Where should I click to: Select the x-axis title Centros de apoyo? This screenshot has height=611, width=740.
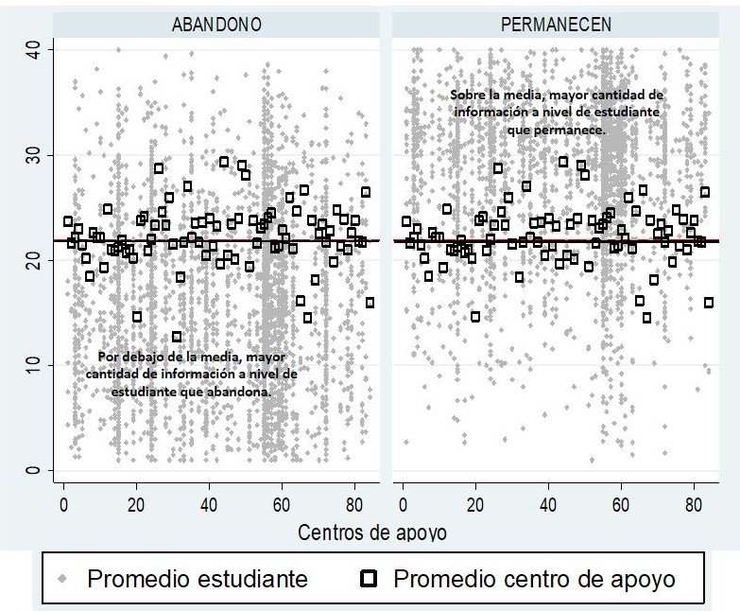click(x=372, y=532)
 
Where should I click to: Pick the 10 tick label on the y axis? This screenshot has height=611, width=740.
click(x=32, y=364)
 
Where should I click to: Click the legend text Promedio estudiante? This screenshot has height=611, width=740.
click(x=198, y=578)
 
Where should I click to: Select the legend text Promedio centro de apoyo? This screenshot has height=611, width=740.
click(x=534, y=578)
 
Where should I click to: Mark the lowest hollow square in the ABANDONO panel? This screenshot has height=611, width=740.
click(x=177, y=337)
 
